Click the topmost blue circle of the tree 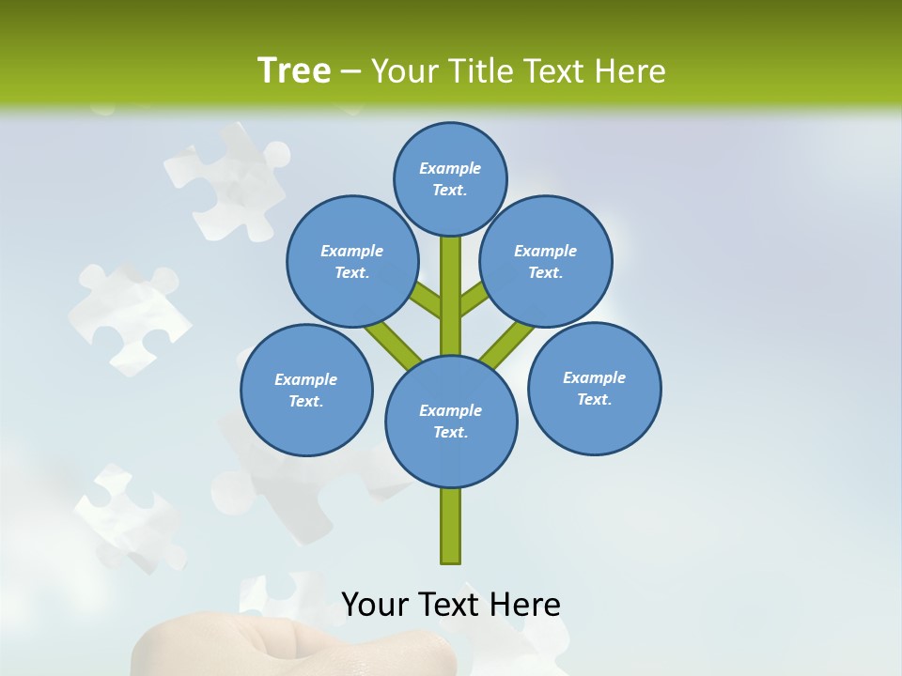point(450,178)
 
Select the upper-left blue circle point(352,261)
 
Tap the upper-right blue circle point(546,261)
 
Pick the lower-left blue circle point(306,390)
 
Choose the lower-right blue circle point(594,388)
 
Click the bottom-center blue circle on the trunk point(451,421)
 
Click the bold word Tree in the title point(294,70)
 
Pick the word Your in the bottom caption point(376,605)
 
